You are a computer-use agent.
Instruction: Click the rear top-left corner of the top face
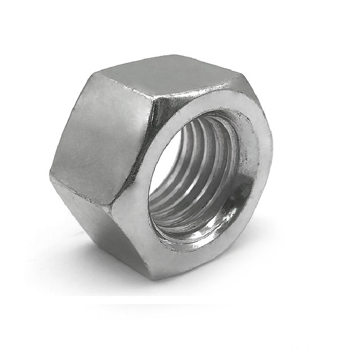[x=98, y=72]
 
